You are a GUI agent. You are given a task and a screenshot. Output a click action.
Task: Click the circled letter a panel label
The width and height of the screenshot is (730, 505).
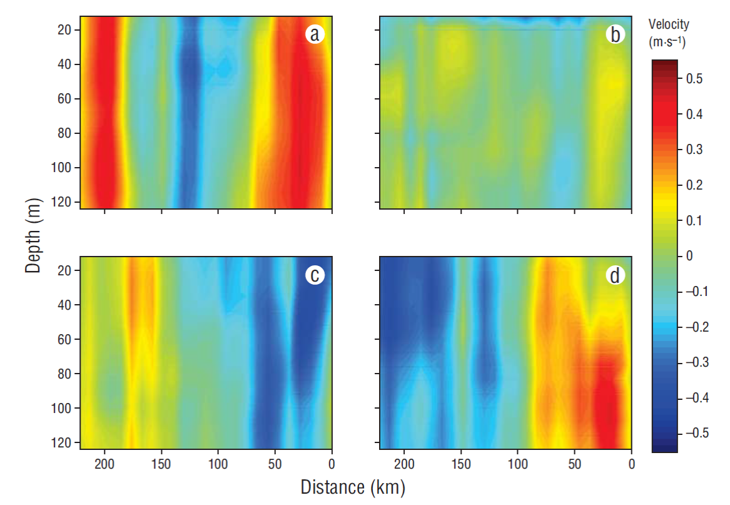click(315, 34)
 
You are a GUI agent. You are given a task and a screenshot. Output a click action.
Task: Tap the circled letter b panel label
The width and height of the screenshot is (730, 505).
click(616, 34)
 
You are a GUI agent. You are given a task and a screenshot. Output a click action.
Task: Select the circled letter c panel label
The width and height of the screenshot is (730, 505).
click(315, 275)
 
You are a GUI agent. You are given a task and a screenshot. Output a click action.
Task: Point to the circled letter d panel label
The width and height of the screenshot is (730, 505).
click(616, 275)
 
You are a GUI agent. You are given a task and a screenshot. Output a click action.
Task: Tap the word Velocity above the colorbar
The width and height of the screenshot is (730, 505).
click(669, 24)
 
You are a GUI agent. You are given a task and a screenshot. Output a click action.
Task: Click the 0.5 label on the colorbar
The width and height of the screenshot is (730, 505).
click(694, 79)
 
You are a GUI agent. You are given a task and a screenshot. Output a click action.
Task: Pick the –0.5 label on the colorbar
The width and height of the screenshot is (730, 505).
click(691, 433)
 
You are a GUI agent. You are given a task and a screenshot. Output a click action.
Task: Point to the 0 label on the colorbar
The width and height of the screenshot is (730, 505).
click(690, 256)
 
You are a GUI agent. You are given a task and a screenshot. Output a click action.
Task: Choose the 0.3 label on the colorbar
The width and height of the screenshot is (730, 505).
click(694, 150)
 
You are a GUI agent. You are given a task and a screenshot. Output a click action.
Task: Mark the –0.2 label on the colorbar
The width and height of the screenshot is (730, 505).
click(691, 327)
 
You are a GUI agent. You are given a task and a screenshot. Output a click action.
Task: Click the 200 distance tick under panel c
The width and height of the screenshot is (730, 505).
click(104, 464)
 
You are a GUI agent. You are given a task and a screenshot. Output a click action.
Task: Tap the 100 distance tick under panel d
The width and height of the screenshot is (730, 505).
click(518, 464)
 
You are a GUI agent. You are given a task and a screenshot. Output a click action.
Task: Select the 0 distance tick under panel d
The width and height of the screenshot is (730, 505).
click(632, 464)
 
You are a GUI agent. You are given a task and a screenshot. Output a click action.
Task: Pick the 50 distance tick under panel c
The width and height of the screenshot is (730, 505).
click(275, 464)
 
